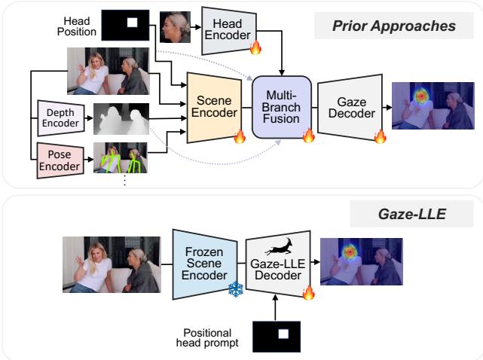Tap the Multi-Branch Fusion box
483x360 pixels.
click(283, 107)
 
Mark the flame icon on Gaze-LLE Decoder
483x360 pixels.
click(307, 291)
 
